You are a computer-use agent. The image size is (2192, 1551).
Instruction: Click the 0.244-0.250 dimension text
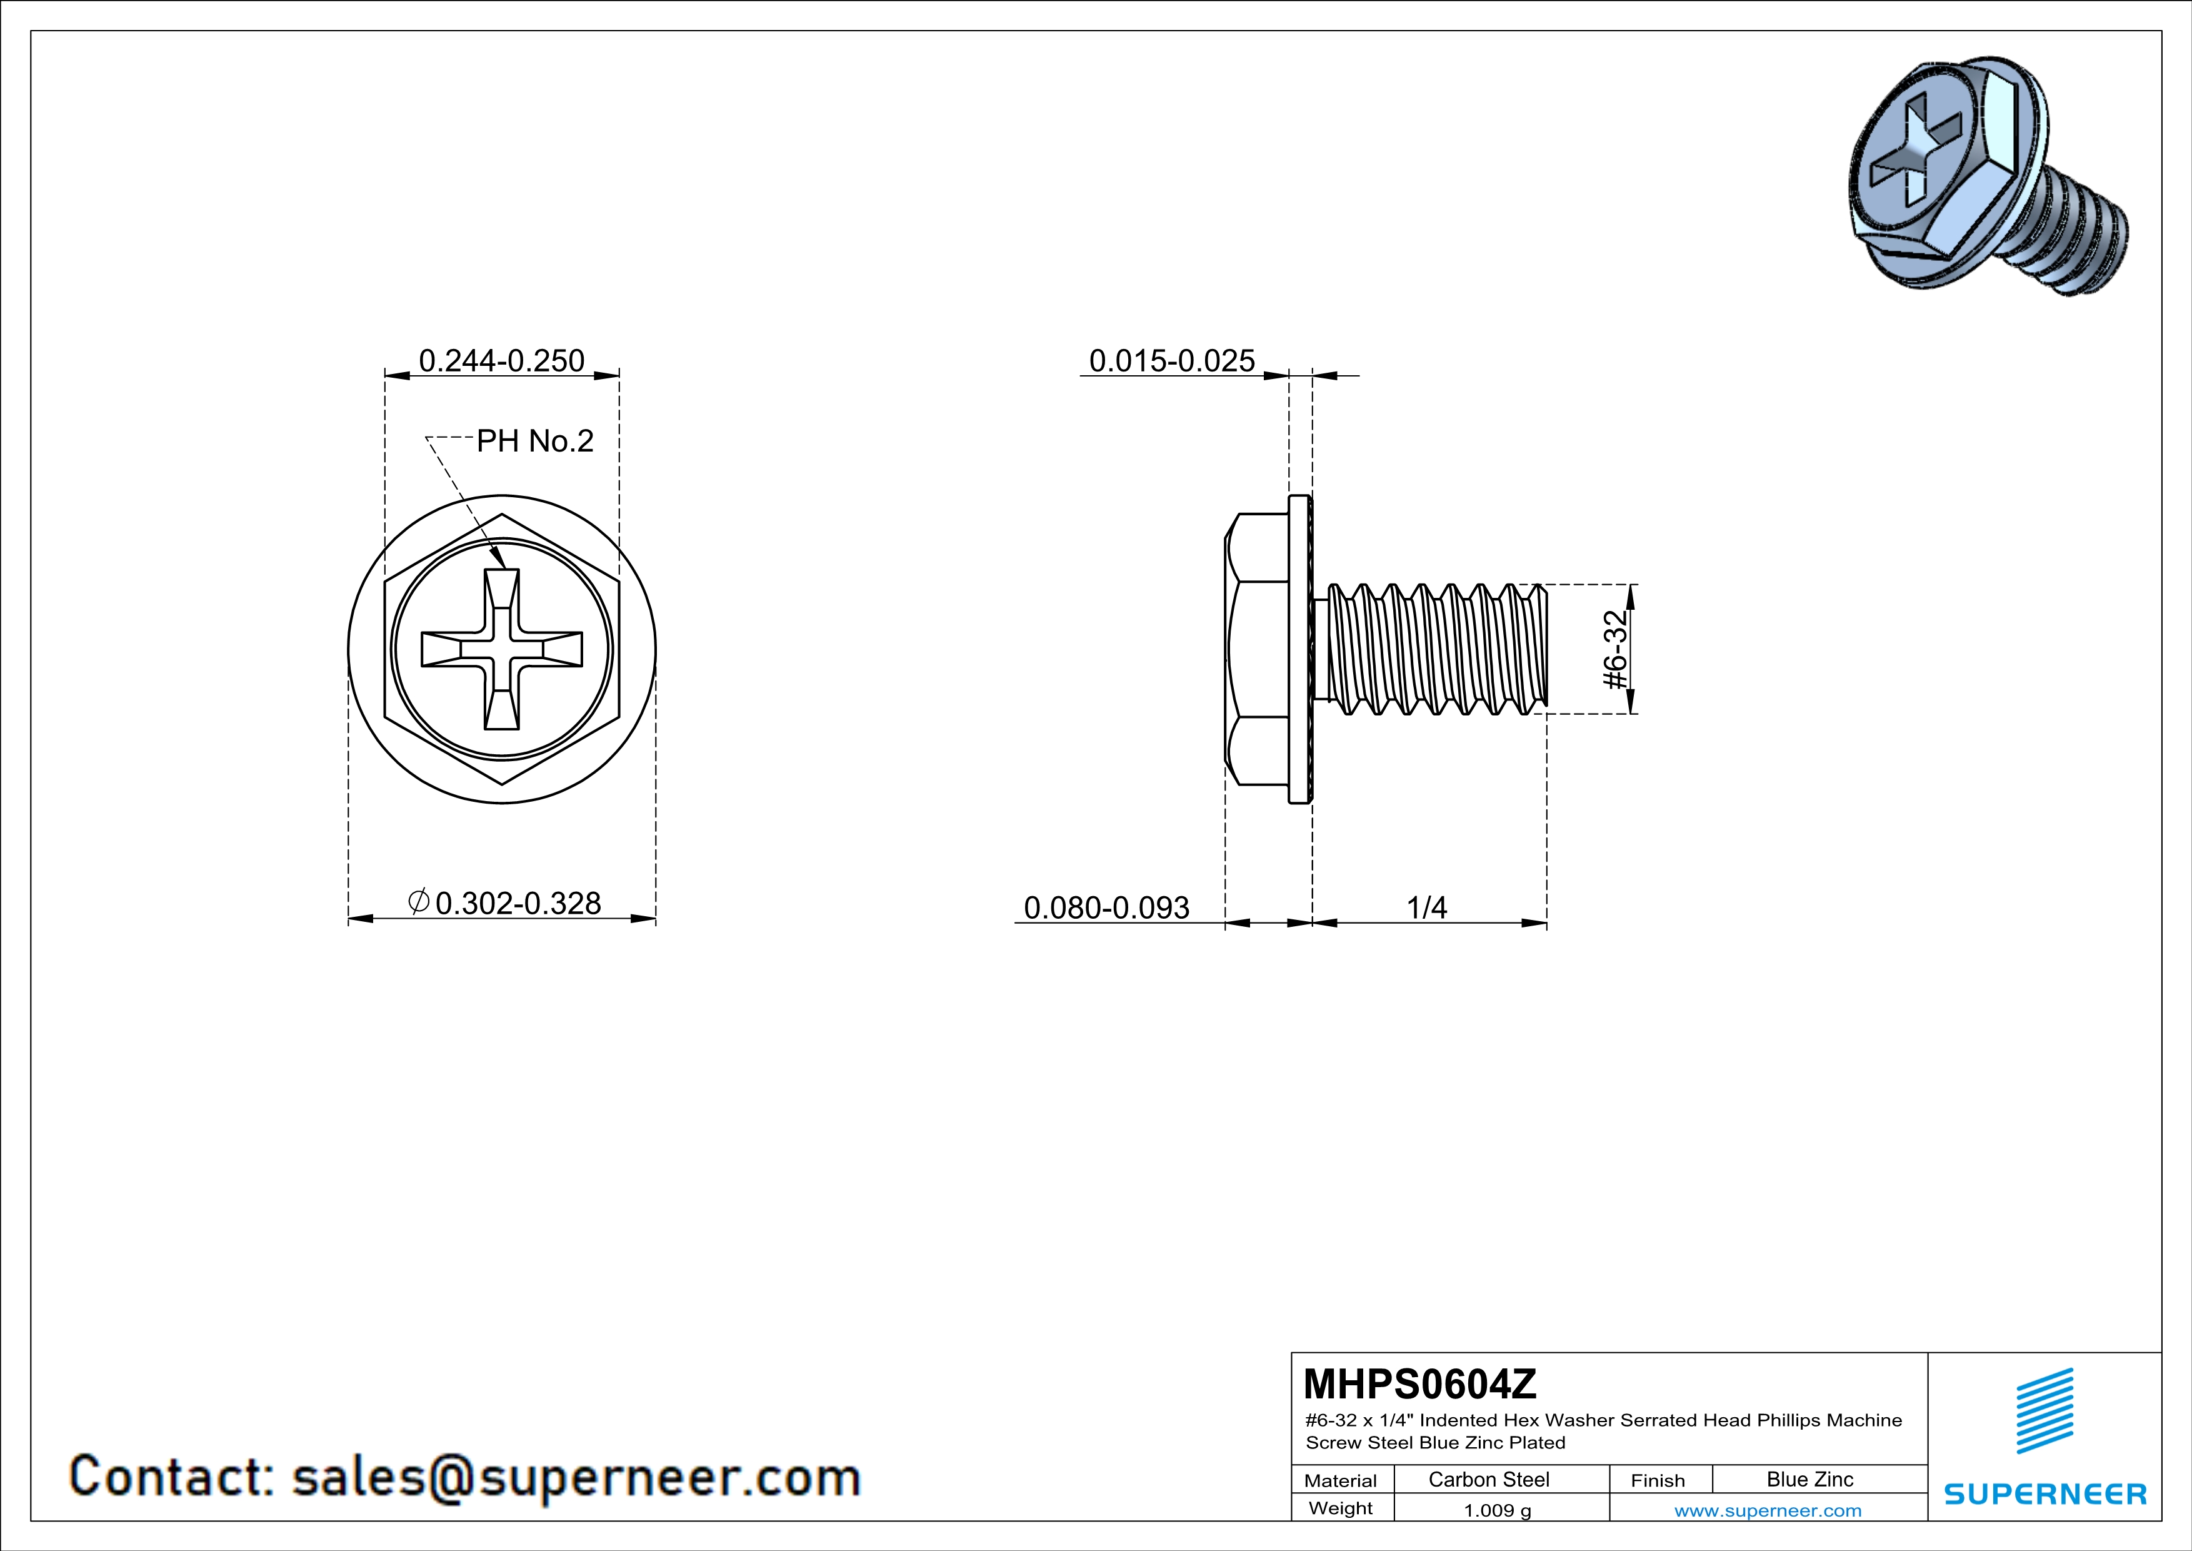(x=501, y=360)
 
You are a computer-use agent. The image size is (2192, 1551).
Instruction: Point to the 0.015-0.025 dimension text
(x=1171, y=360)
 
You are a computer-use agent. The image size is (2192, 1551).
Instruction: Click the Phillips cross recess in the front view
(x=502, y=649)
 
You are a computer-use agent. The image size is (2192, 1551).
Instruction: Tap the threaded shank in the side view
(x=1432, y=649)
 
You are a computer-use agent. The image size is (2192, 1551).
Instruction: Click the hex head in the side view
(x=1256, y=649)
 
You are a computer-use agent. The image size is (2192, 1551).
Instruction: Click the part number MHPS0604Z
(x=1419, y=1383)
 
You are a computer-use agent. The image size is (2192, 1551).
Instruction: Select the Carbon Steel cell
(x=1488, y=1479)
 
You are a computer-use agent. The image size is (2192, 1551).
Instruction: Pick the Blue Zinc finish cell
(x=1809, y=1479)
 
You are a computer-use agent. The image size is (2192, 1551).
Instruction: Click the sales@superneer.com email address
(x=576, y=1477)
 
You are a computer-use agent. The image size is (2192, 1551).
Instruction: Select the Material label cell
(x=1341, y=1480)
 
